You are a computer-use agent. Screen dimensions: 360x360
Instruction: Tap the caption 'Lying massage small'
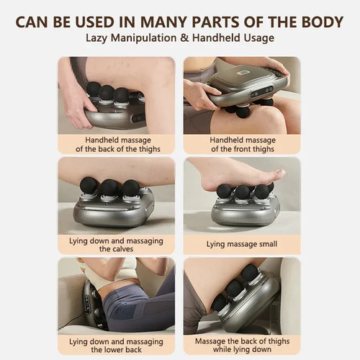point(242,244)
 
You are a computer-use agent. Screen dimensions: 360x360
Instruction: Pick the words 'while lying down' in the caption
point(242,349)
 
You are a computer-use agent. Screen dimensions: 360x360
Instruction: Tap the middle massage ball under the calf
point(109,189)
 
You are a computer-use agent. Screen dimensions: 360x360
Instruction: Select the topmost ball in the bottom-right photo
point(249,272)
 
